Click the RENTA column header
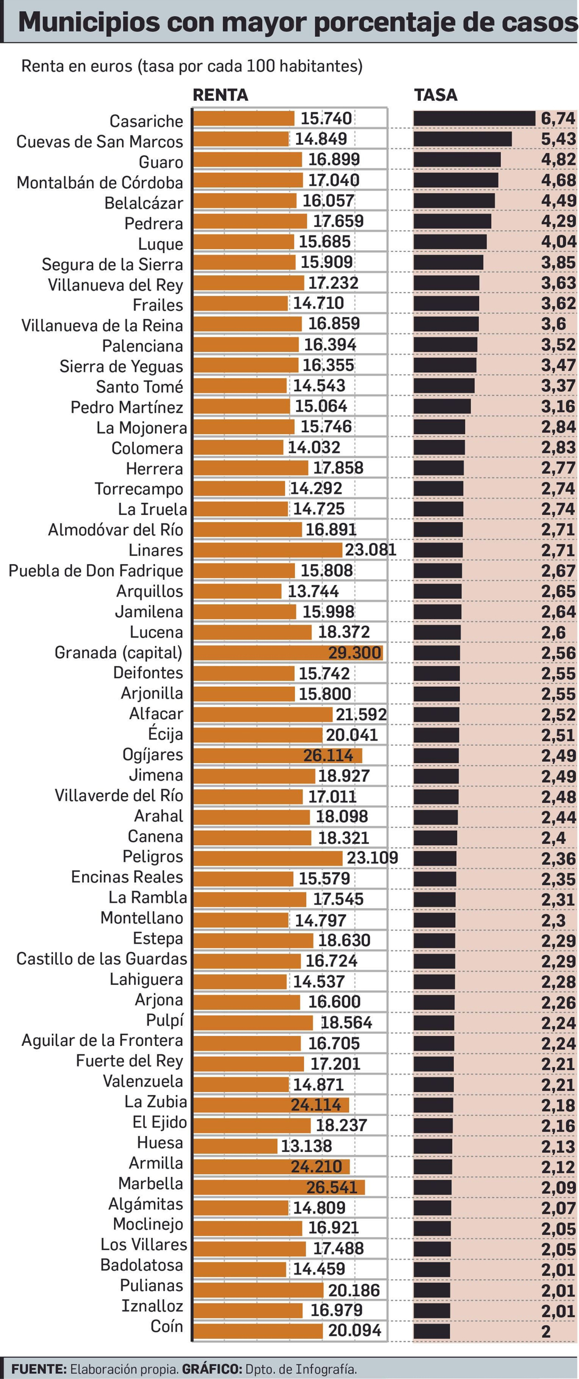(220, 95)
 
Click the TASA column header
(435, 95)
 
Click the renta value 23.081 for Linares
(370, 550)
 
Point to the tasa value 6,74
(558, 118)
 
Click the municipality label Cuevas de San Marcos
(100, 142)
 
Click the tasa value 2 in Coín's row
(546, 1331)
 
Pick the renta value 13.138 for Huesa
(307, 1146)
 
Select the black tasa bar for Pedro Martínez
(441, 406)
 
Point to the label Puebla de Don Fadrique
(96, 571)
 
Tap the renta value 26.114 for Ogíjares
(328, 756)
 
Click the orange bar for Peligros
(267, 858)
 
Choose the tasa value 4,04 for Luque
(558, 242)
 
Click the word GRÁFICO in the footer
(212, 1369)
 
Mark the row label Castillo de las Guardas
(102, 958)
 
